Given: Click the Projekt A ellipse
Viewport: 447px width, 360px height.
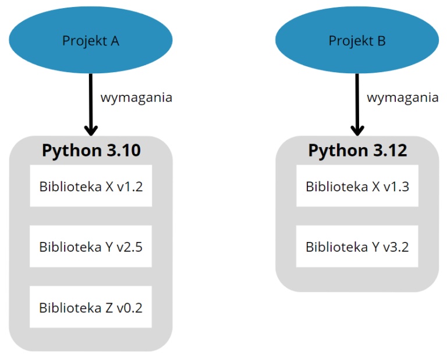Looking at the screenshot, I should coord(90,41).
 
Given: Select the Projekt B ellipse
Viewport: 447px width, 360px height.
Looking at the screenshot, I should coord(357,41).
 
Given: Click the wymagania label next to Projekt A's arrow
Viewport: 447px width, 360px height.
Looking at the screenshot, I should coord(136,98).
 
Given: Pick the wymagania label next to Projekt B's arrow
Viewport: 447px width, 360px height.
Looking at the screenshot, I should coord(403,98).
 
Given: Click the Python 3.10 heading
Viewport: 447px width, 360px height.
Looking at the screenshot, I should coord(91,150).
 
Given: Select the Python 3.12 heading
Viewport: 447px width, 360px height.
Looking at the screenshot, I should coord(357,150).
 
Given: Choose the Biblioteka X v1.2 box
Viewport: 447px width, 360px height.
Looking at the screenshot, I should coord(91,186).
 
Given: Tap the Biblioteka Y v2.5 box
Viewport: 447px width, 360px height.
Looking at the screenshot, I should coord(91,247).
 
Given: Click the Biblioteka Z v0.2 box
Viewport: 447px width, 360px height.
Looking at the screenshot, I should coord(91,307).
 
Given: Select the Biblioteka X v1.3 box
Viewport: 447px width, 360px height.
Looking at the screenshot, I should coord(357,186).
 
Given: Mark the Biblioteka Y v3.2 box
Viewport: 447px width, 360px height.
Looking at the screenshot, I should coord(357,247).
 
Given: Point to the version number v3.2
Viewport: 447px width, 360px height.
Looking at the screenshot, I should coord(396,247).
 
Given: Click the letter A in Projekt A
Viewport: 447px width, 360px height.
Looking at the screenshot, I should coord(115,41).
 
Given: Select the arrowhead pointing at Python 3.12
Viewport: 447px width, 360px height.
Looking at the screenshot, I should coord(357,129).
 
